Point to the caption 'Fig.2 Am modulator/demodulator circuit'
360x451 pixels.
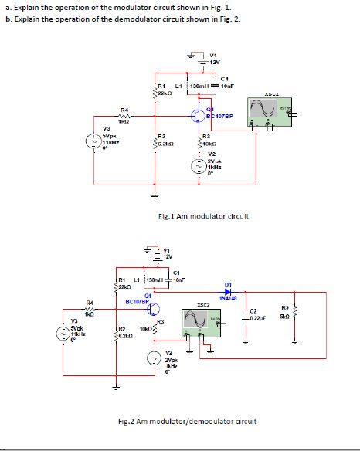point(186,421)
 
